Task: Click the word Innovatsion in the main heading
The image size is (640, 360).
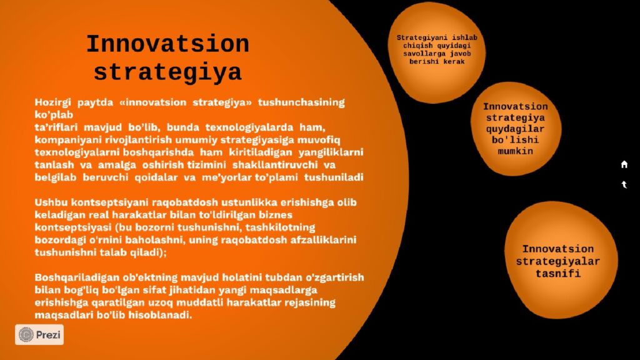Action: (167, 44)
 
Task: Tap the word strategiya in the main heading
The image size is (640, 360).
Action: (167, 72)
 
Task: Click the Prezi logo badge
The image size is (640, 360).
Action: (39, 335)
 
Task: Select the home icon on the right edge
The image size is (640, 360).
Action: (624, 164)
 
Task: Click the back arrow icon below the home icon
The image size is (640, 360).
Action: (624, 184)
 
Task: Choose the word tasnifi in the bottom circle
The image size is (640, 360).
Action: (558, 274)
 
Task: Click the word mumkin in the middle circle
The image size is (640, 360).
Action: (515, 151)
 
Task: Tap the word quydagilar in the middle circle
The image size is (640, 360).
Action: (515, 129)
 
